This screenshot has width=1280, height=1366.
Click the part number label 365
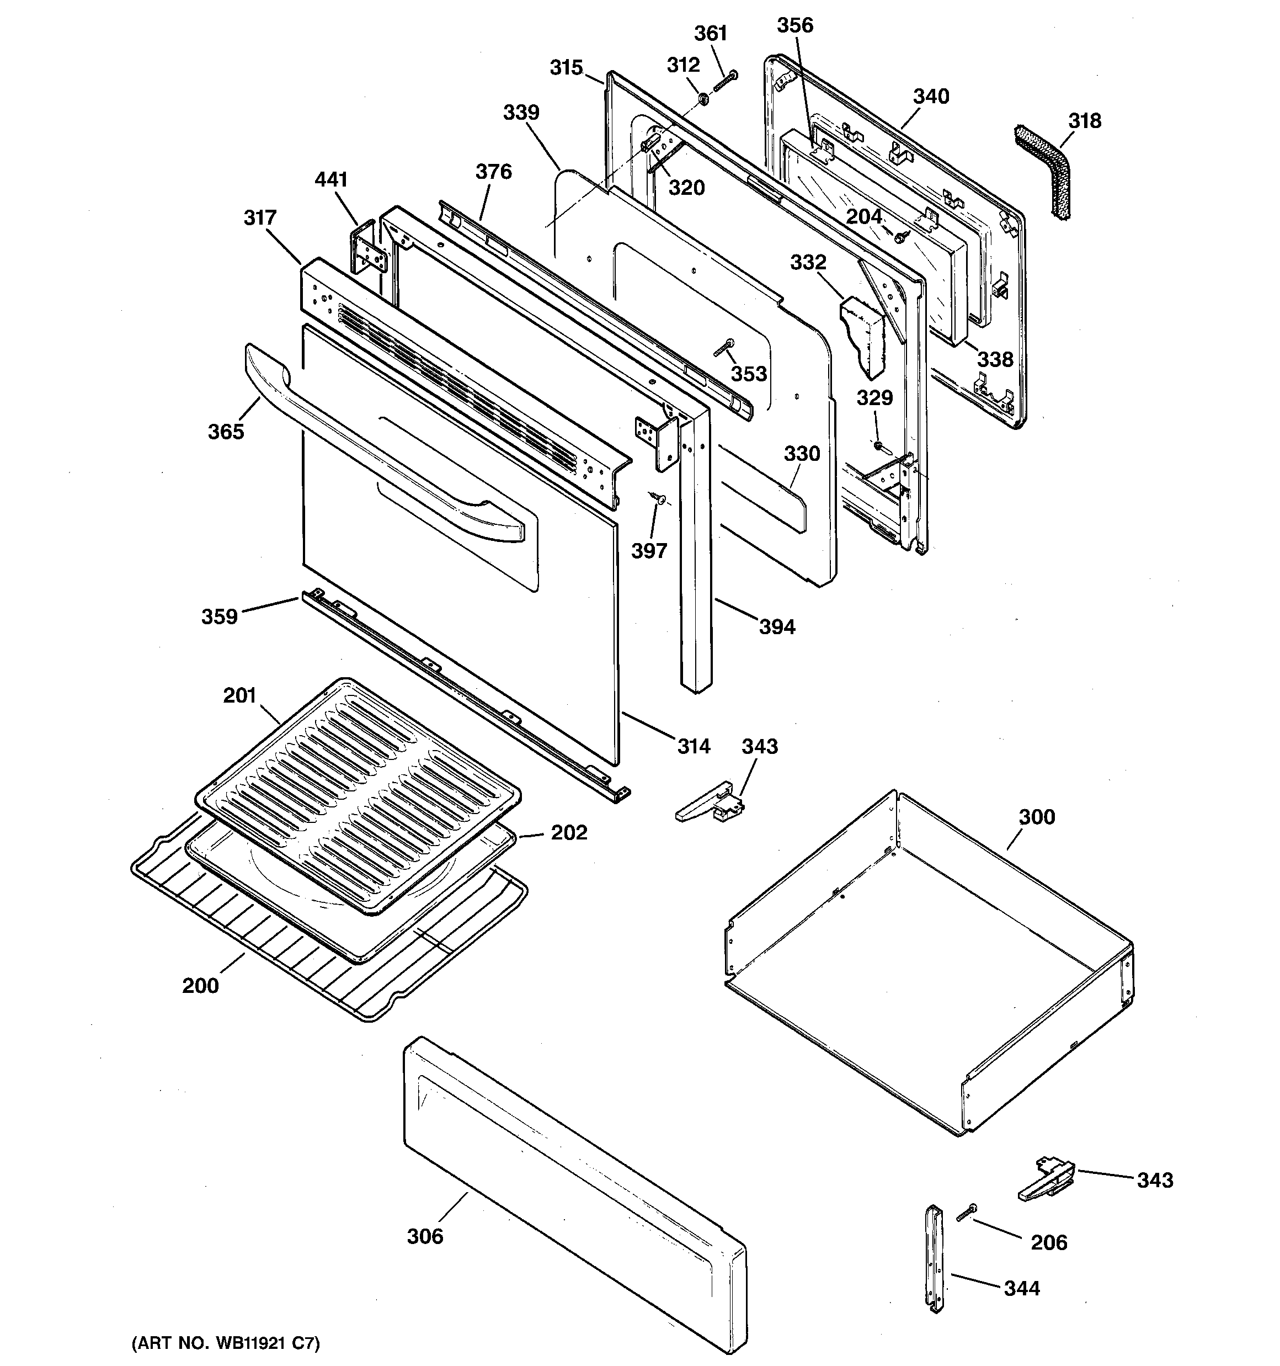click(226, 432)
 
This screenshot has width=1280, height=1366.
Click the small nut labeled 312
click(704, 100)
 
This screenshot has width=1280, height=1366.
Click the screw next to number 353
click(723, 347)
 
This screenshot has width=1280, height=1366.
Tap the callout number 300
click(1036, 817)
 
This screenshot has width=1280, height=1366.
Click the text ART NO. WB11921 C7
click(225, 1343)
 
